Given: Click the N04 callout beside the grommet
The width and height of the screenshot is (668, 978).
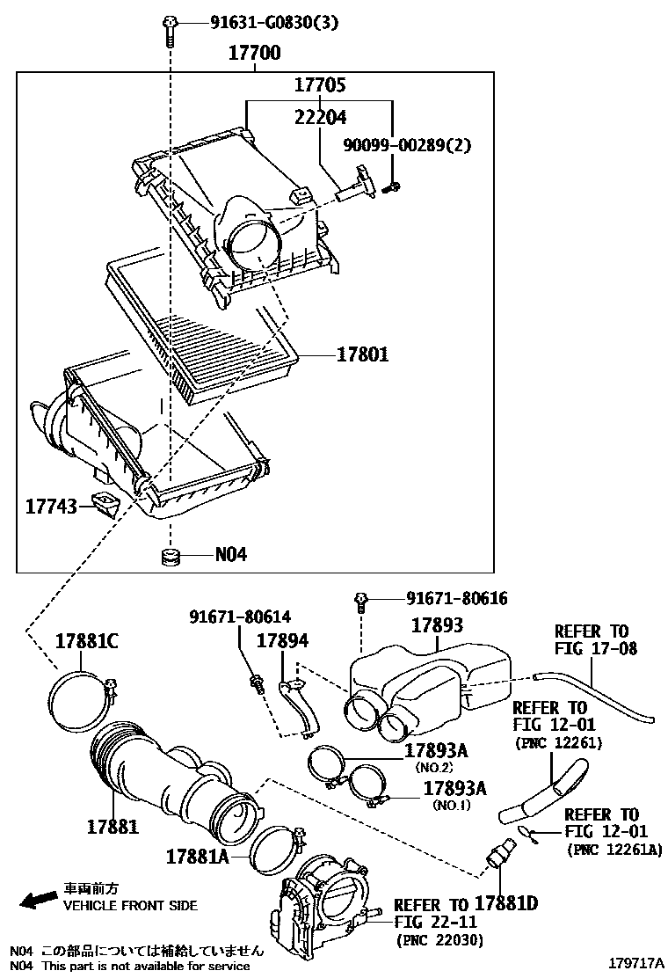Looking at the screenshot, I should point(231,555).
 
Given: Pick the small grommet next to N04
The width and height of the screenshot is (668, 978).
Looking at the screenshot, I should point(170,556).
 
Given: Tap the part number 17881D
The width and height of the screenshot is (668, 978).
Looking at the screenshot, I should point(506,903).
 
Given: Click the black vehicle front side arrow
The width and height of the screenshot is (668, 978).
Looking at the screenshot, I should point(38,900).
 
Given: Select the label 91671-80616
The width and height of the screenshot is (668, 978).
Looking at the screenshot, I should point(456,599).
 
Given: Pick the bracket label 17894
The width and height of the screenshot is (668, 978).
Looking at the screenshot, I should point(282,641).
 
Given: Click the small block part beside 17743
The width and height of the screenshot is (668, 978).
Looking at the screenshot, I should point(106,506).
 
